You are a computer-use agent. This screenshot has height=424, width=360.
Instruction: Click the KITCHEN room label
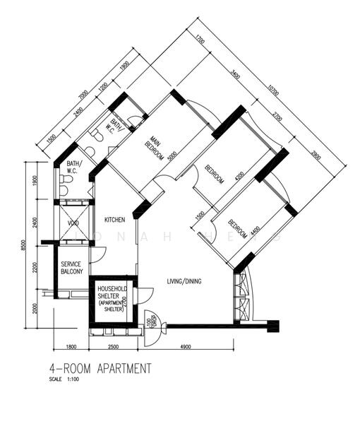(x=114, y=220)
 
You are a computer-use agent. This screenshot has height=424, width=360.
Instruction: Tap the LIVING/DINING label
(x=184, y=281)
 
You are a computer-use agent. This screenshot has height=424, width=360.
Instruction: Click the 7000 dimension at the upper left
(x=83, y=95)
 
